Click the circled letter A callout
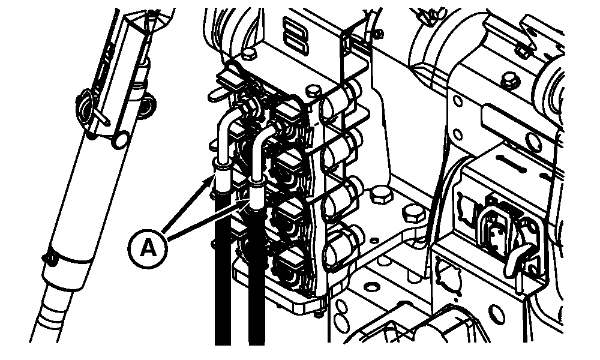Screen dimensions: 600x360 coord(148,249)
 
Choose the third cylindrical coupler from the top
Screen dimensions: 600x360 coord(338,196)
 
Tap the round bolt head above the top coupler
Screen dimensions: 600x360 coord(314,91)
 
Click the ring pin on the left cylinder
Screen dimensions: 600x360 coord(85,103)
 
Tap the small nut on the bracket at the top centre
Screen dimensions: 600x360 coord(378,34)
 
